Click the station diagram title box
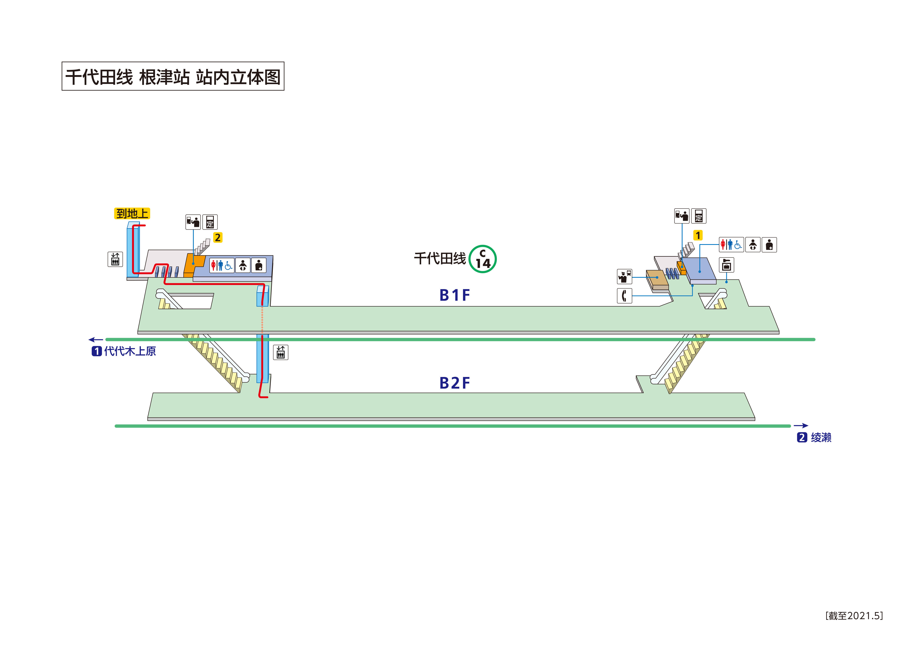pos(173,76)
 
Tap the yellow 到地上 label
pos(132,213)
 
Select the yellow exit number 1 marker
pos(698,235)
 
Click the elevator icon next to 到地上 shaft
pos(115,259)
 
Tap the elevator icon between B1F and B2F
pos(281,352)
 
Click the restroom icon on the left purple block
pos(221,265)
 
